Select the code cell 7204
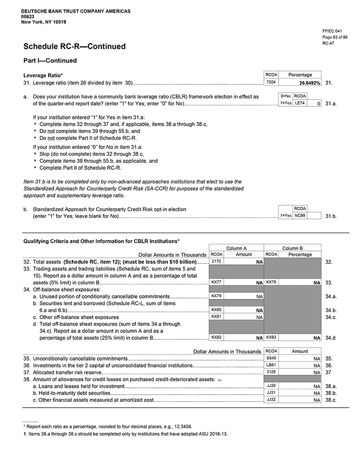click(271, 83)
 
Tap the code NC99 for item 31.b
click(300, 215)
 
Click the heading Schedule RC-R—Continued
click(74, 47)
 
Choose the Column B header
click(293, 248)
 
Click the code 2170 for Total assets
click(216, 262)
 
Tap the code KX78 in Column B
click(272, 282)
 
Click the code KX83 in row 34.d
click(272, 337)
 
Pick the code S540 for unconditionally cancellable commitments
click(271, 358)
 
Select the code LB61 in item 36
click(271, 365)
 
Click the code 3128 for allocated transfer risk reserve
click(271, 372)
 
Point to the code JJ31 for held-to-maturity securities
click(271, 392)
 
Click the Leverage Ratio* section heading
click(43, 75)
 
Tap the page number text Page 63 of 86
click(335, 37)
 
